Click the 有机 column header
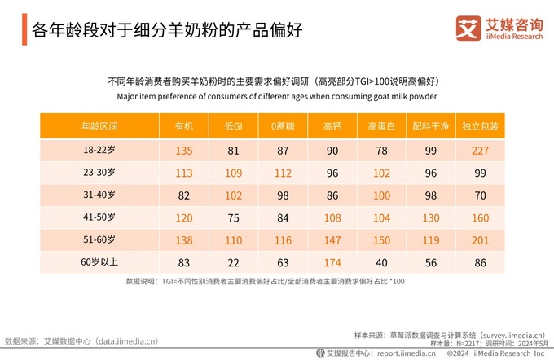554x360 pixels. pyautogui.click(x=183, y=127)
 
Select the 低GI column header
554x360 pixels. pyautogui.click(x=233, y=127)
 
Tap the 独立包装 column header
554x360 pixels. pyautogui.click(x=480, y=127)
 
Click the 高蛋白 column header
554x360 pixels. pyautogui.click(x=381, y=127)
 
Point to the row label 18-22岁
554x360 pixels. pyautogui.click(x=99, y=151)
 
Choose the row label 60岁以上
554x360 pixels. pyautogui.click(x=99, y=261)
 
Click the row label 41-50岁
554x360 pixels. pyautogui.click(x=99, y=217)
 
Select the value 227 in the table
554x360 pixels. pyautogui.click(x=480, y=151)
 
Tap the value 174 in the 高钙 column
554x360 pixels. pyautogui.click(x=332, y=261)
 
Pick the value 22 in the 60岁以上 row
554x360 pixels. pyautogui.click(x=233, y=261)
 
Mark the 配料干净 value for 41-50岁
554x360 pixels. pyautogui.click(x=431, y=217)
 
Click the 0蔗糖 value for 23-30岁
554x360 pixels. pyautogui.click(x=283, y=173)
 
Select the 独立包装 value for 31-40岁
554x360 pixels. pyautogui.click(x=480, y=195)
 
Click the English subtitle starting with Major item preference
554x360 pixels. pyautogui.click(x=276, y=95)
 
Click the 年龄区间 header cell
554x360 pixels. pyautogui.click(x=99, y=127)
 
